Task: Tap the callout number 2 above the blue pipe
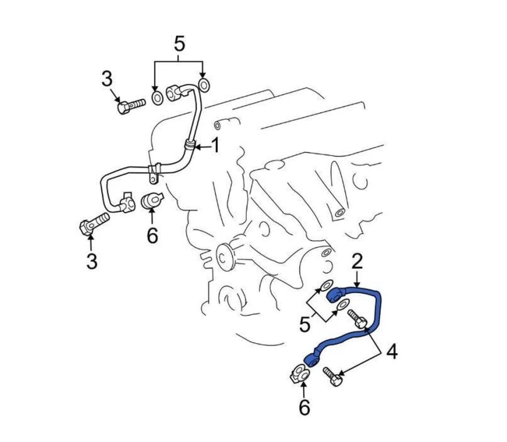coord(357,262)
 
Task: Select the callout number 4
coord(392,352)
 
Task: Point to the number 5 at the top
coord(179,44)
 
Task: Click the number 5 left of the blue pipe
coord(305,324)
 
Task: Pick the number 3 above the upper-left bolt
coord(107,79)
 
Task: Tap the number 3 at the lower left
coord(92,261)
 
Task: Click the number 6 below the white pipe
coord(152,235)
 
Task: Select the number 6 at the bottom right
coord(304,407)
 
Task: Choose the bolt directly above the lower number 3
coord(94,223)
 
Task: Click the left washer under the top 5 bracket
coord(158,98)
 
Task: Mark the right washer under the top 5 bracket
coord(204,85)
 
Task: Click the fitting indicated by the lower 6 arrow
coord(300,374)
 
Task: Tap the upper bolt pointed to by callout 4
coord(357,319)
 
